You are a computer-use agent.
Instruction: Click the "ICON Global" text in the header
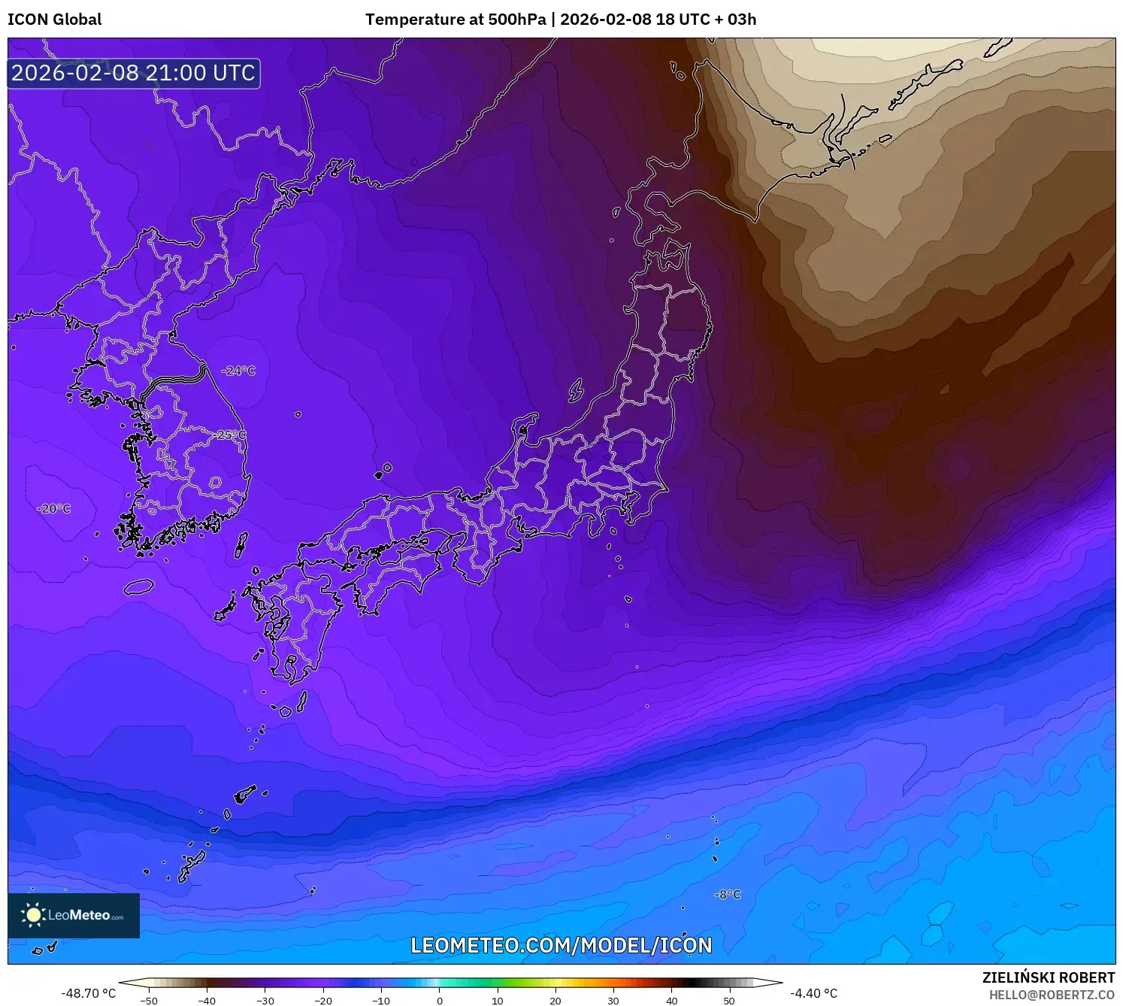(54, 20)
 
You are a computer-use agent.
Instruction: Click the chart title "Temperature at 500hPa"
(456, 20)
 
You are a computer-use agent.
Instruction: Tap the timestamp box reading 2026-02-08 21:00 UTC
(134, 73)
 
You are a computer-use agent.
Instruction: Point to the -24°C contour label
(238, 371)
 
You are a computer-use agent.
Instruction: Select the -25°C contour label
(229, 435)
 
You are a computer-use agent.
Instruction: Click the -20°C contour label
(54, 509)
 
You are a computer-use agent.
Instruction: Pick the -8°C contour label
(728, 895)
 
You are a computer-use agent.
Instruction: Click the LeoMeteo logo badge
(74, 915)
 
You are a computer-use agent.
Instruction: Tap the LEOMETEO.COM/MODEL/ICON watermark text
(561, 945)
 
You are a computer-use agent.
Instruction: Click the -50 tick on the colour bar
(149, 1001)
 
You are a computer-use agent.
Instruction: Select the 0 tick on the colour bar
(440, 1001)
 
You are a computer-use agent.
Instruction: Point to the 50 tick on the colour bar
(729, 1001)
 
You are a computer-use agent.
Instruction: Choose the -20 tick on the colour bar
(322, 1001)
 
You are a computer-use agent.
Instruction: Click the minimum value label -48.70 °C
(89, 993)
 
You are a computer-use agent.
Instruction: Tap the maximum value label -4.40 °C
(813, 993)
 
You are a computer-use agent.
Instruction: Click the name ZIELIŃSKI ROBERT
(1049, 977)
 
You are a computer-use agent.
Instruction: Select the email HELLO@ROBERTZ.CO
(1052, 995)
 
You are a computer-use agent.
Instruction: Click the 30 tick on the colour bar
(613, 1001)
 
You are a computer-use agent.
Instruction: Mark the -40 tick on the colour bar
(207, 1001)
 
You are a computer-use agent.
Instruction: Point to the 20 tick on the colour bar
(555, 1001)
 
